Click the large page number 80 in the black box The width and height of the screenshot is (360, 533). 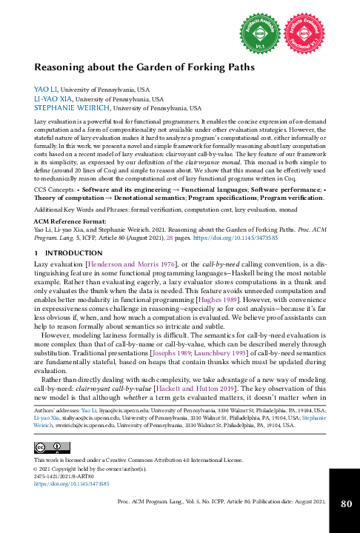tap(345, 503)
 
